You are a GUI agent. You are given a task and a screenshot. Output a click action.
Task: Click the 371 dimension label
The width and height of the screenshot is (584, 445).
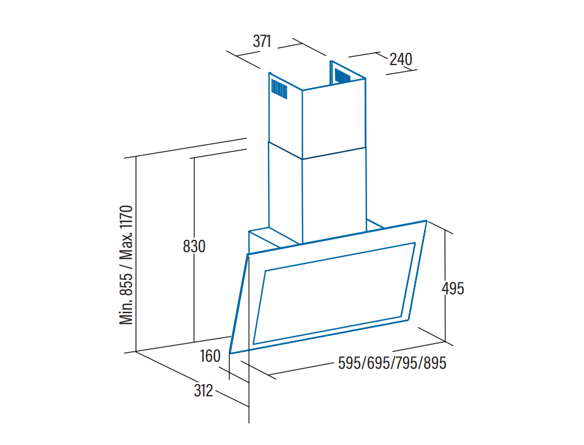(262, 42)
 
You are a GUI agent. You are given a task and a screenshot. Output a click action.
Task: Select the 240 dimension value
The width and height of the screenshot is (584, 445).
(400, 59)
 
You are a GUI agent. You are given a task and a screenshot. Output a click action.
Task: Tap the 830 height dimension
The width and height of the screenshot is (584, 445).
(194, 246)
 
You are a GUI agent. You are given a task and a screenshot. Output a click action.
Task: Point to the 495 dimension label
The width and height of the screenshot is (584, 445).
(453, 288)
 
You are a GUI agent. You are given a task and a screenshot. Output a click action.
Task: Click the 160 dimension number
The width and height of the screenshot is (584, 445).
(210, 356)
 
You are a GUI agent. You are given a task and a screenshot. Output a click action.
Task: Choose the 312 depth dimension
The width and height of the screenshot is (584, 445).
(203, 390)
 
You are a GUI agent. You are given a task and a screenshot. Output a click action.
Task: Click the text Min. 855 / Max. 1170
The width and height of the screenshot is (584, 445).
(128, 265)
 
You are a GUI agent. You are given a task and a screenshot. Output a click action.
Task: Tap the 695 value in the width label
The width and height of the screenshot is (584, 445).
(378, 364)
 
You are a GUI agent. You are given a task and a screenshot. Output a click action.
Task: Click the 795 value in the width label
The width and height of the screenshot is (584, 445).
(406, 364)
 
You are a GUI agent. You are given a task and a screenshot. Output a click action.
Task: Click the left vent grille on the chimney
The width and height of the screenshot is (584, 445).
(279, 90)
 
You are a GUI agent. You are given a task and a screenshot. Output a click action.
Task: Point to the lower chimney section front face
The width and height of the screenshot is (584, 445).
(334, 193)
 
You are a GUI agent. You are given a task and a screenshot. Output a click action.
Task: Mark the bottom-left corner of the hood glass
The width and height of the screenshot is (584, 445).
(230, 352)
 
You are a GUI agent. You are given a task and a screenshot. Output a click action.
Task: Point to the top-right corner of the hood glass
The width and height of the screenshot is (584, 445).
(426, 222)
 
